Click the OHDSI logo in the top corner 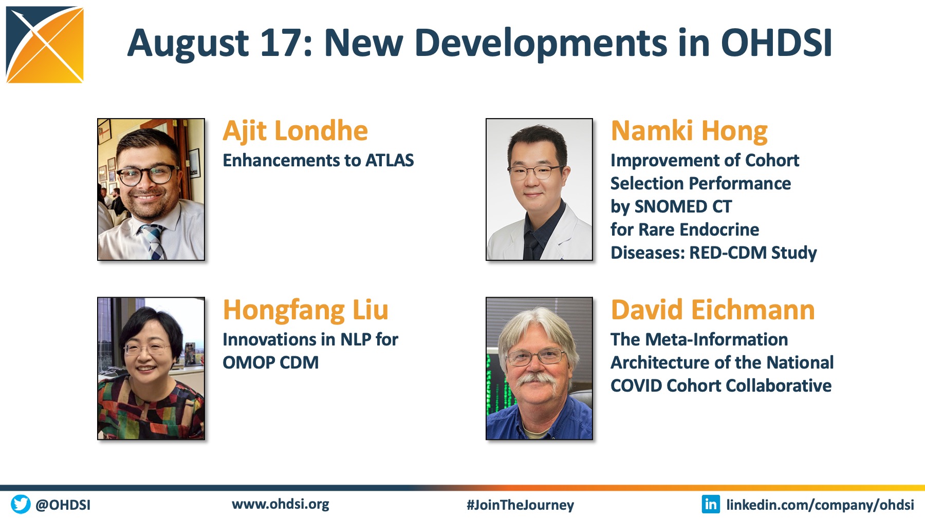tap(45, 45)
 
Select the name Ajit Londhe tap(295, 131)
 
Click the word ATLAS tap(390, 161)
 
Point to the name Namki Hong tap(689, 131)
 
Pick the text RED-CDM tap(728, 253)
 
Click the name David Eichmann tap(713, 311)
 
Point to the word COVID tap(636, 386)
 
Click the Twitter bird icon tap(21, 504)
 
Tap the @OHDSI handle tap(63, 505)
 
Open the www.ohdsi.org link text tap(281, 504)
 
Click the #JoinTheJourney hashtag tap(520, 505)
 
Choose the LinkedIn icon tap(711, 504)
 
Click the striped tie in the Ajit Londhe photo tap(153, 241)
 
